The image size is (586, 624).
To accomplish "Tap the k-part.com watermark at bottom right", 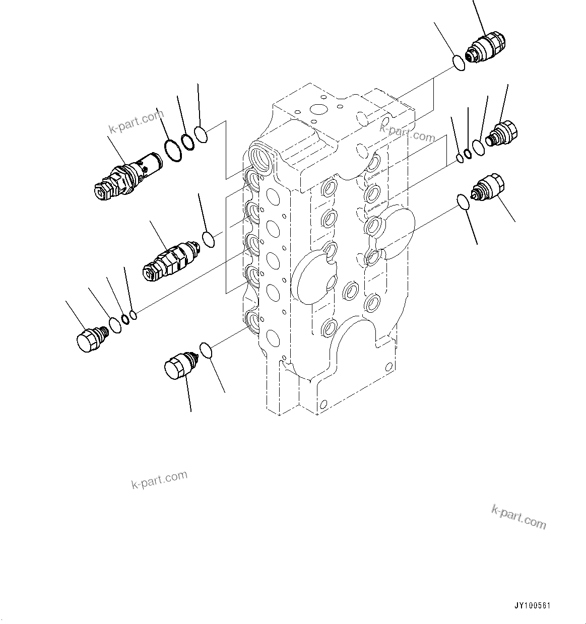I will tap(518, 517).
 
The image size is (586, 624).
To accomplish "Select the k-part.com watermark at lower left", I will tap(159, 479).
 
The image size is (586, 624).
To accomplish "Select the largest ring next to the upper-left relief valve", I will tap(173, 152).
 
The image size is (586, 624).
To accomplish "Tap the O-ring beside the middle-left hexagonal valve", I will tap(208, 240).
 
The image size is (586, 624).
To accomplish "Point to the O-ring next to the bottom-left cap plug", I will tap(206, 350).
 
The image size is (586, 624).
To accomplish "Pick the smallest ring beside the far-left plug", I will tap(134, 315).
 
